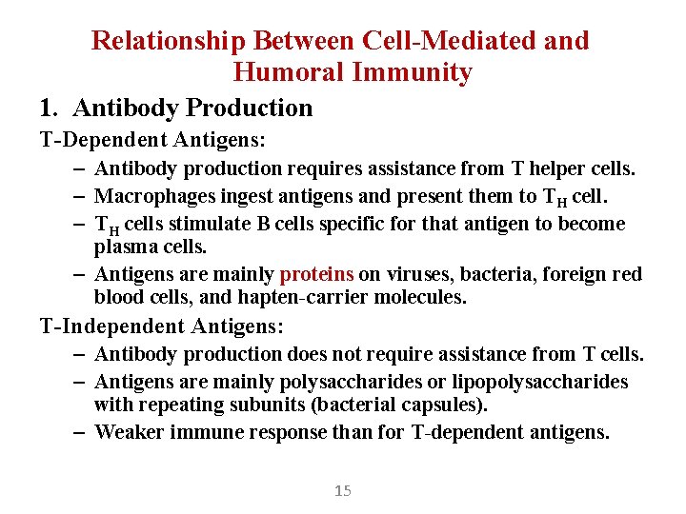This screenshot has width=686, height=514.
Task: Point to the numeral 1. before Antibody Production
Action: [50, 109]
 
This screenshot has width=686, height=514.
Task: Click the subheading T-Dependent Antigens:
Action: [152, 140]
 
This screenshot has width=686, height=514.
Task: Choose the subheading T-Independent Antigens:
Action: [161, 326]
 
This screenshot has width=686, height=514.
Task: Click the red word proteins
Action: [316, 274]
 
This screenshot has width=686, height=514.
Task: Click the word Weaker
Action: [128, 432]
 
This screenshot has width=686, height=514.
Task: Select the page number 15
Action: [343, 491]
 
